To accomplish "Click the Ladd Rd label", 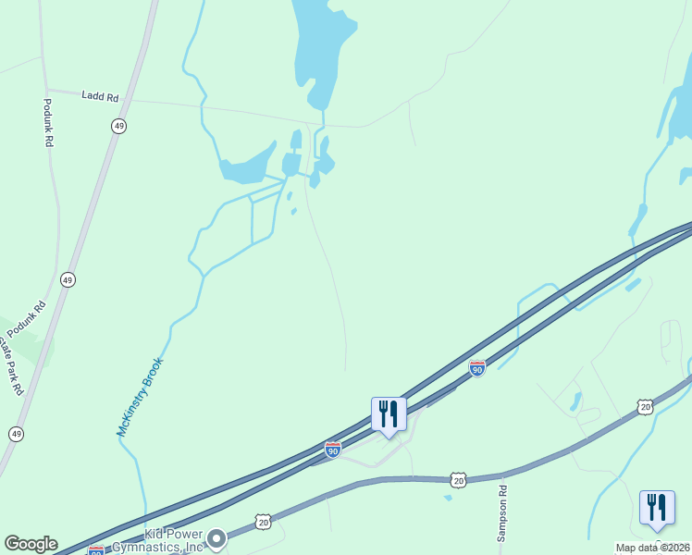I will (x=100, y=94).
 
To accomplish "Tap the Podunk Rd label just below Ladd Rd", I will (x=49, y=123).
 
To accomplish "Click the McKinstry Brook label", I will (x=140, y=397).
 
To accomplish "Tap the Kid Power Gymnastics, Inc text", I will (x=160, y=540).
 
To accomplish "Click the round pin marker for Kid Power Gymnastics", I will (x=216, y=537).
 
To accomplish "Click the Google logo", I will (x=31, y=544).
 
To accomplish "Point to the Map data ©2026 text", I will (x=652, y=548).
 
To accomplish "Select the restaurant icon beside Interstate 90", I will (x=389, y=413).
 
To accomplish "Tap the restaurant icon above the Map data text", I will (x=657, y=508).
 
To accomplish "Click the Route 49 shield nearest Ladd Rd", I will (x=118, y=126).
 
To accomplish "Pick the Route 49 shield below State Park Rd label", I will (x=16, y=433).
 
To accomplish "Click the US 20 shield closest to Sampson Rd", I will (x=458, y=479).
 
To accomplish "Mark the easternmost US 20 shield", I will (x=645, y=406).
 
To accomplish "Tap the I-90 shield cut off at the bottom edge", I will (x=95, y=551).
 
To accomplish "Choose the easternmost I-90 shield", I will (x=477, y=368).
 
